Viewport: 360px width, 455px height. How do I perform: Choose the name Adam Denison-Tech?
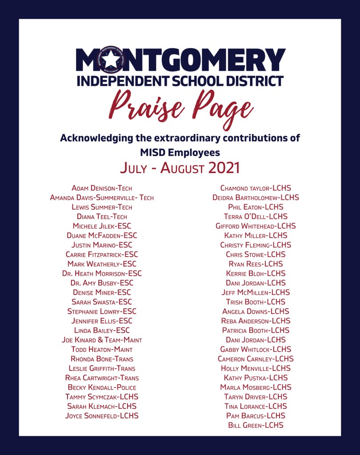[x=102, y=188]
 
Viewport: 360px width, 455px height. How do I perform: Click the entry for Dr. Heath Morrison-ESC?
[x=102, y=274]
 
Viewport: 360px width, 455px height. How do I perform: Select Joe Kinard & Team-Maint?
[x=102, y=340]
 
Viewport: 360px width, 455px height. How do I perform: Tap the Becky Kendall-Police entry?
[x=102, y=387]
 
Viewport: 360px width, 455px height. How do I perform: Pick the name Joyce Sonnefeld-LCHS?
[x=102, y=416]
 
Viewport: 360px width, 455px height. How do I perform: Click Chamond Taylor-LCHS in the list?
[x=256, y=188]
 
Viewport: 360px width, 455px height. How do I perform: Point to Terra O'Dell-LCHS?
[x=256, y=217]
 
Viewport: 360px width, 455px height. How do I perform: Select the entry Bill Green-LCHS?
[x=256, y=425]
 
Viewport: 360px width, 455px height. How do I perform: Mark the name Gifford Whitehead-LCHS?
[x=256, y=226]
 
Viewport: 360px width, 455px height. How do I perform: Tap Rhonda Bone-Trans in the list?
[x=102, y=359]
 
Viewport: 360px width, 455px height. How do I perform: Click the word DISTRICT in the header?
[x=254, y=81]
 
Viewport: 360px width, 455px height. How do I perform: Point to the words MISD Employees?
[x=180, y=153]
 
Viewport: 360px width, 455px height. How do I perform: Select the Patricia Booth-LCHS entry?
[x=256, y=330]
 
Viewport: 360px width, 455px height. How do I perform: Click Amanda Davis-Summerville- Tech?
[x=102, y=197]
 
